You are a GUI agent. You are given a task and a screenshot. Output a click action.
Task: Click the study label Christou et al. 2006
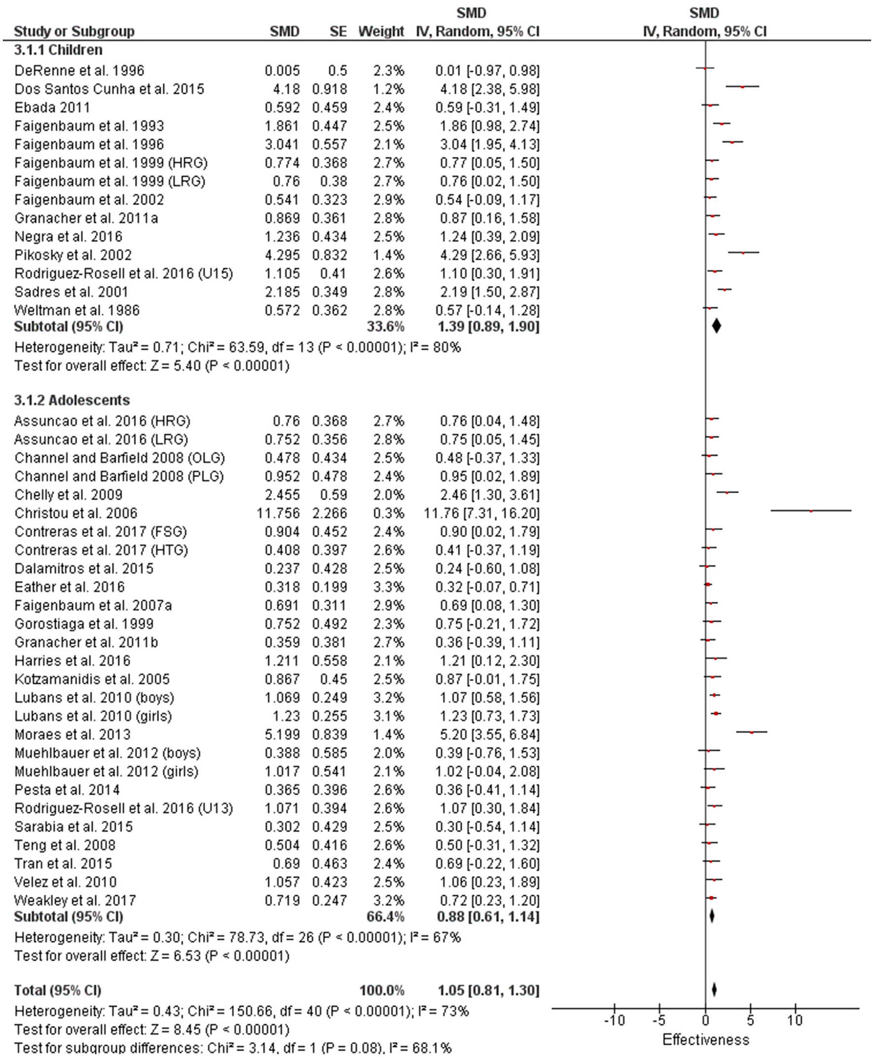pyautogui.click(x=75, y=513)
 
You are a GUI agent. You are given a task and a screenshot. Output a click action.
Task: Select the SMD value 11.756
pyautogui.click(x=278, y=513)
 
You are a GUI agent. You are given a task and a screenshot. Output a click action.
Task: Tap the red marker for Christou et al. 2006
pyautogui.click(x=811, y=511)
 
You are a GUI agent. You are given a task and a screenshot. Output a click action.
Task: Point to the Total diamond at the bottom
pyautogui.click(x=714, y=990)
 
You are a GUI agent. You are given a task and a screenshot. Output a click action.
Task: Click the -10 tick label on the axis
pyautogui.click(x=614, y=1021)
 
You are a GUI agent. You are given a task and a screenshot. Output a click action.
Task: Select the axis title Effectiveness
pyautogui.click(x=705, y=1040)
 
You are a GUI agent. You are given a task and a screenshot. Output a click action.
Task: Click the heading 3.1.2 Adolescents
pyautogui.click(x=72, y=400)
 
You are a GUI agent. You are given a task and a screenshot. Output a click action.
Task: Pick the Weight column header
pyautogui.click(x=381, y=32)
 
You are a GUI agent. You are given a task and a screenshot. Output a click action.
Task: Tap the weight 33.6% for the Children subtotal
pyautogui.click(x=385, y=327)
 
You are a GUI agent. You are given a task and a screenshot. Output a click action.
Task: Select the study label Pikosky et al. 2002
pyautogui.click(x=73, y=255)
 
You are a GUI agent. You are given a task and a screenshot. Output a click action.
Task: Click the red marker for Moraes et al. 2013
pyautogui.click(x=752, y=732)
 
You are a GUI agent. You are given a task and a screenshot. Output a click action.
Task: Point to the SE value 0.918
pyautogui.click(x=329, y=89)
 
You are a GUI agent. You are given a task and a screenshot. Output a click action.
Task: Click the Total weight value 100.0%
pyautogui.click(x=382, y=990)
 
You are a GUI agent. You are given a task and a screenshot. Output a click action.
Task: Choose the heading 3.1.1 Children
pyautogui.click(x=58, y=50)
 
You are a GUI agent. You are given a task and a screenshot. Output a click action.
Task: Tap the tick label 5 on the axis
pyautogui.click(x=750, y=1021)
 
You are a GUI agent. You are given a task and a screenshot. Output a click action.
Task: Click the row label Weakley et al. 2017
pyautogui.click(x=75, y=901)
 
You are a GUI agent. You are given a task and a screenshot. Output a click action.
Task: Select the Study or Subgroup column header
pyautogui.click(x=74, y=32)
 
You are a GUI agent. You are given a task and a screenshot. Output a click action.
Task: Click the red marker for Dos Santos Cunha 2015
pyautogui.click(x=742, y=87)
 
